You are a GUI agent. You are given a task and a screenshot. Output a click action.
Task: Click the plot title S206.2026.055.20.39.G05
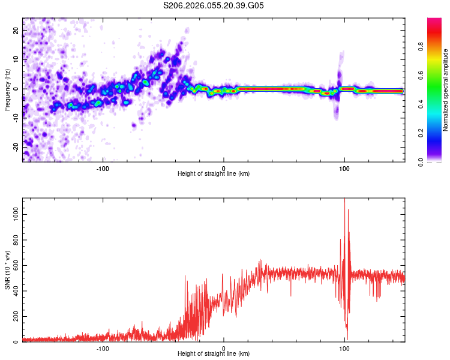coord(214,5)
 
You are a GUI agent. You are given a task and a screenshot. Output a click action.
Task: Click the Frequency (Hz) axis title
coord(7,90)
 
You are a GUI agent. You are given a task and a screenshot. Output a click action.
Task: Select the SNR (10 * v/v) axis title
coord(7,269)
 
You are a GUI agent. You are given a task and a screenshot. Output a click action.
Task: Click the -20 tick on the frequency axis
coord(15,146)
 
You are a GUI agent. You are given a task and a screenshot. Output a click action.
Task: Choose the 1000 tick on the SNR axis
coord(12,214)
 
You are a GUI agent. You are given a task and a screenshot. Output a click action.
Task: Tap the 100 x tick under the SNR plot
coord(344,348)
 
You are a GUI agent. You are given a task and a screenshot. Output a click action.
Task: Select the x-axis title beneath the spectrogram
coord(214,173)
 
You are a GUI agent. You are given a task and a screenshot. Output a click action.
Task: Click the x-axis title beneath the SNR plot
coord(214,354)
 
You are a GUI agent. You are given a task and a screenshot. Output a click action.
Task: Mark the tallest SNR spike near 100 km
coord(344,199)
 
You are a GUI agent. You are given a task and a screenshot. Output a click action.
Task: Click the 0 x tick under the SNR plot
coord(224,348)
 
